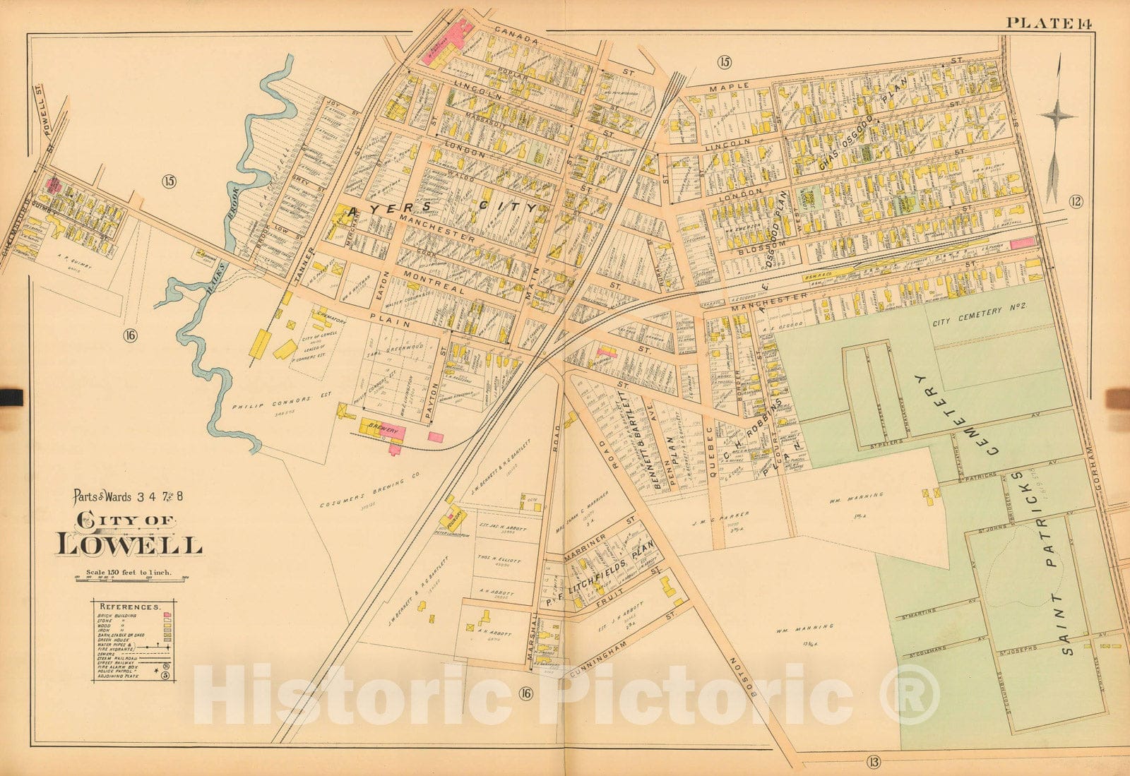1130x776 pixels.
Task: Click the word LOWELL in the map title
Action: pos(129,545)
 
